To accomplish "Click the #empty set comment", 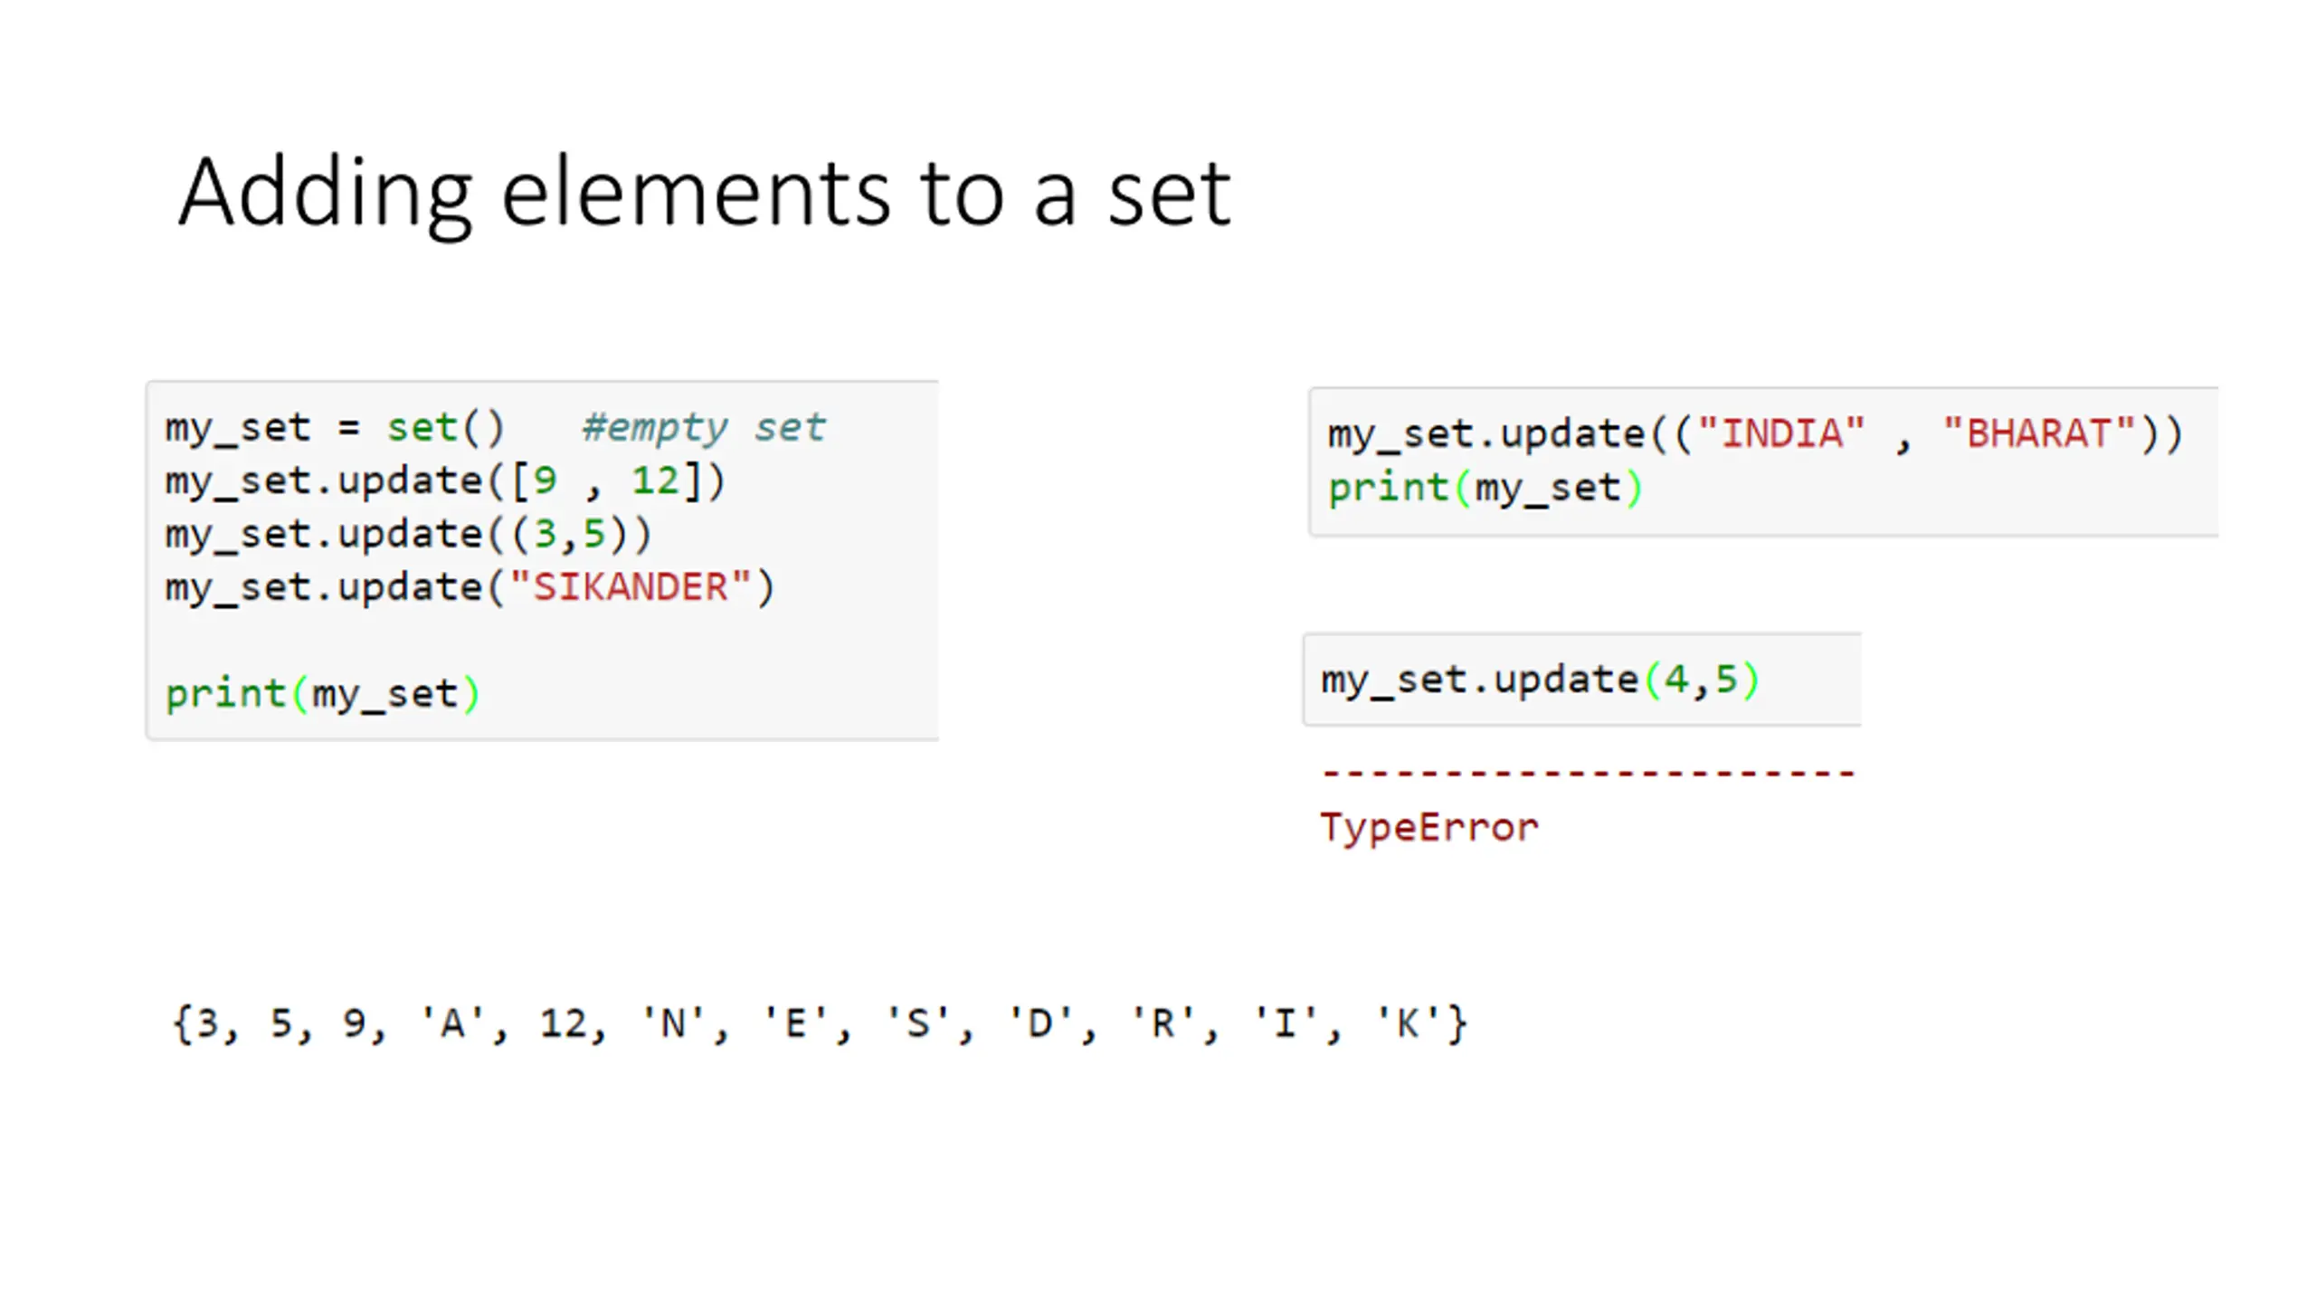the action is pyautogui.click(x=703, y=427).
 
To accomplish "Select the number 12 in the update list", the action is pyautogui.click(x=655, y=480).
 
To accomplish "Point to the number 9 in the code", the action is pyautogui.click(x=545, y=480).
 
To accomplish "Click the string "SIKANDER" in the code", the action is pyautogui.click(x=631, y=587).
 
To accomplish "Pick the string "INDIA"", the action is pyautogui.click(x=1780, y=433).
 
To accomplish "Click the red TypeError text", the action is pyautogui.click(x=1429, y=827).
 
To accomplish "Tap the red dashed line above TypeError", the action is pyautogui.click(x=1588, y=774).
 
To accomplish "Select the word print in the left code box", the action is pyautogui.click(x=226, y=694).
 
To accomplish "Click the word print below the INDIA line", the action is pyautogui.click(x=1389, y=489).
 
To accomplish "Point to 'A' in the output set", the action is pyautogui.click(x=451, y=1024).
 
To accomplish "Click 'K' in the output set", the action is pyautogui.click(x=1408, y=1024).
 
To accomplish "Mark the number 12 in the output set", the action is pyautogui.click(x=563, y=1024).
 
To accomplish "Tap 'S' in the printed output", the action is pyautogui.click(x=917, y=1024).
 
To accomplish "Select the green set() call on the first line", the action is pyautogui.click(x=445, y=427).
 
